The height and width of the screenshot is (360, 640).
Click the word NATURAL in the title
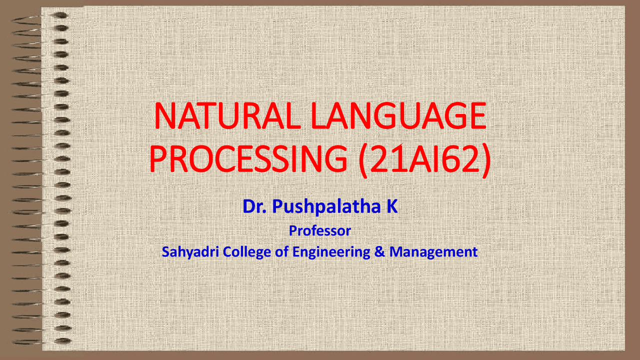[227, 115]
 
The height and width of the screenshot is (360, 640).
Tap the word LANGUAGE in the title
[398, 115]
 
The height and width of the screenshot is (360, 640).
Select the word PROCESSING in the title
[248, 158]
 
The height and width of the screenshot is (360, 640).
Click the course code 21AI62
[425, 158]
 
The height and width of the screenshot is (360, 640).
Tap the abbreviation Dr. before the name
[254, 206]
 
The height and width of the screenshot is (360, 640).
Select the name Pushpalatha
[326, 207]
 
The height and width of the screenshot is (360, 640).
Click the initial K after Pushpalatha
[392, 206]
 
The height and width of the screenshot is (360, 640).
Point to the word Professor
[319, 231]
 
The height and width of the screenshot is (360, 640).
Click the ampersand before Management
[379, 252]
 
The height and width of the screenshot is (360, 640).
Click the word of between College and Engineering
[281, 252]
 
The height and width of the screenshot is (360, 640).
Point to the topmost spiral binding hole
[60, 15]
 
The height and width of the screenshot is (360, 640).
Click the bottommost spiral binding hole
[62, 340]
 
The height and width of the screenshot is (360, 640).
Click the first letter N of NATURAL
[165, 115]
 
